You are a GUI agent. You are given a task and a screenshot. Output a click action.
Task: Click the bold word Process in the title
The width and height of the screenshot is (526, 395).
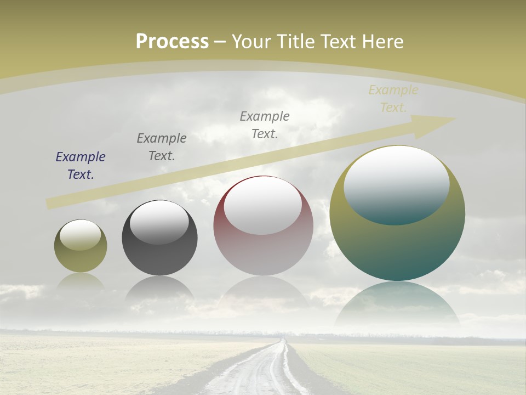pos(172,42)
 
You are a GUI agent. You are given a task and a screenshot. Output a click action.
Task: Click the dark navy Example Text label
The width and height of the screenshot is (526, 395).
pos(81,166)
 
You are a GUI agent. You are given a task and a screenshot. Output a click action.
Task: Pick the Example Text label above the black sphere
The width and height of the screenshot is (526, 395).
pos(162,147)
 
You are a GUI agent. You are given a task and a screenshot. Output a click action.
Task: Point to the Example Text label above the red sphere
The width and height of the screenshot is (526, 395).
pos(265,125)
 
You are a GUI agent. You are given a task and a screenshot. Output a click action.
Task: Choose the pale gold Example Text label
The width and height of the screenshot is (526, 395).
pos(393,99)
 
